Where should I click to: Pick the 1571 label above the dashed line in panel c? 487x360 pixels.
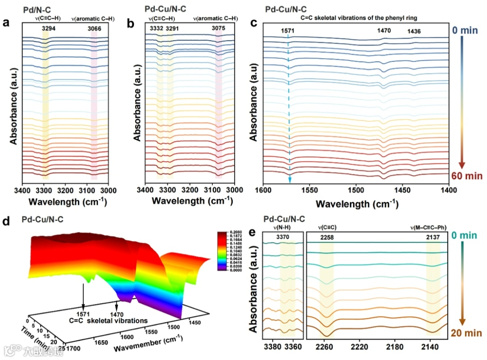click(287, 31)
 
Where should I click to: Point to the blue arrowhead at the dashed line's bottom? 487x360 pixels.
click(289, 180)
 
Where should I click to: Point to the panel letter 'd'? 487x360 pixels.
click(6, 221)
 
